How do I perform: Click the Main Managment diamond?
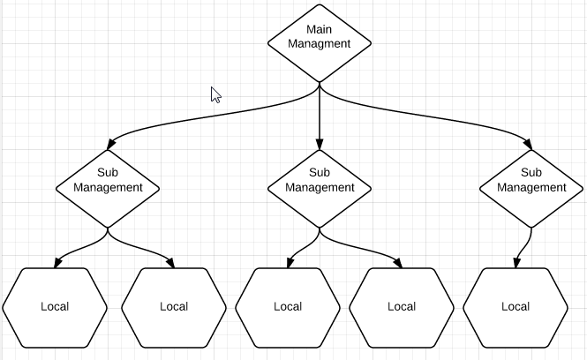click(320, 43)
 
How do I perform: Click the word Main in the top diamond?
click(320, 29)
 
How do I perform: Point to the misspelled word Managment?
click(320, 43)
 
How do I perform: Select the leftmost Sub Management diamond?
click(108, 187)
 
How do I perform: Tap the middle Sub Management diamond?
click(320, 187)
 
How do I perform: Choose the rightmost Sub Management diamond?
click(531, 187)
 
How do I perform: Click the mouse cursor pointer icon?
click(215, 94)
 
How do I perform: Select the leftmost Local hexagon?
click(55, 307)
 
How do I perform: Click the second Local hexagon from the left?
click(174, 307)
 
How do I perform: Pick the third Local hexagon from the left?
click(288, 307)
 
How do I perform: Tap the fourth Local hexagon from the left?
click(402, 307)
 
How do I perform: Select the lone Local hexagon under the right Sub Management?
click(516, 307)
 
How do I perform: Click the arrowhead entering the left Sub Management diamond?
click(110, 144)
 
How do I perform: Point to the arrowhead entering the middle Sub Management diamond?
click(320, 143)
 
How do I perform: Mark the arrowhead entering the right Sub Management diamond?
click(529, 144)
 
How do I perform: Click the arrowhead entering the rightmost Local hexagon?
click(516, 262)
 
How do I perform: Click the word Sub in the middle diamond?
click(320, 173)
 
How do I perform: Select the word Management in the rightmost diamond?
click(531, 187)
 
